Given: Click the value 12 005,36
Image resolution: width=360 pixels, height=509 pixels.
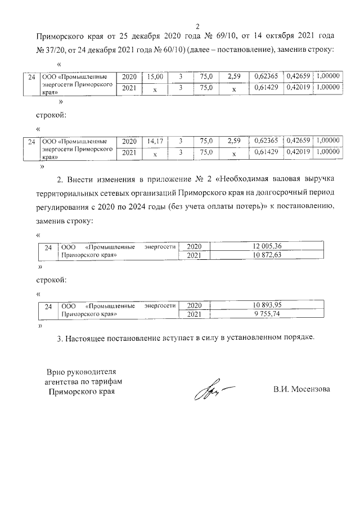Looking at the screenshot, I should point(267,246).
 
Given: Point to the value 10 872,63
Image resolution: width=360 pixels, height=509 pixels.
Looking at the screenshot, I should point(267,256).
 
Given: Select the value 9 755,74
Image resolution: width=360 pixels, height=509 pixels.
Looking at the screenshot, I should point(267,315).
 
